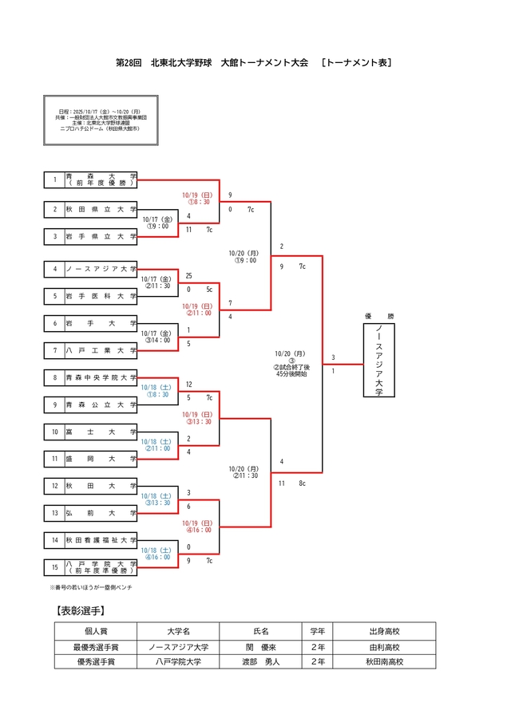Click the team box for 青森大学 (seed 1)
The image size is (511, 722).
click(101, 180)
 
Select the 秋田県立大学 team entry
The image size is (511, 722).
click(101, 209)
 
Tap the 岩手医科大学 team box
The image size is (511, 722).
click(101, 295)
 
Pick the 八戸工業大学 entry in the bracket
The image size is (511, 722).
click(101, 349)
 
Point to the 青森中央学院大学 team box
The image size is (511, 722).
click(101, 377)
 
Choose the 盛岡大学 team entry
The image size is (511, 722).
click(101, 459)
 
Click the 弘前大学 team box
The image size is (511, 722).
click(101, 513)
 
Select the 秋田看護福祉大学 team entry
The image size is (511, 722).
click(101, 540)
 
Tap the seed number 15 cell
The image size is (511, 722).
click(54, 567)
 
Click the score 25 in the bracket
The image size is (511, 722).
click(188, 275)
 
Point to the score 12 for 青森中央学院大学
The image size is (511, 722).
click(188, 385)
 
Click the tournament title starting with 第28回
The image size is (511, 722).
click(255, 61)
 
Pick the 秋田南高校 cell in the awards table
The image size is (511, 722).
click(385, 661)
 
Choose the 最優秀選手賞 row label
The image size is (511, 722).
click(95, 647)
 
